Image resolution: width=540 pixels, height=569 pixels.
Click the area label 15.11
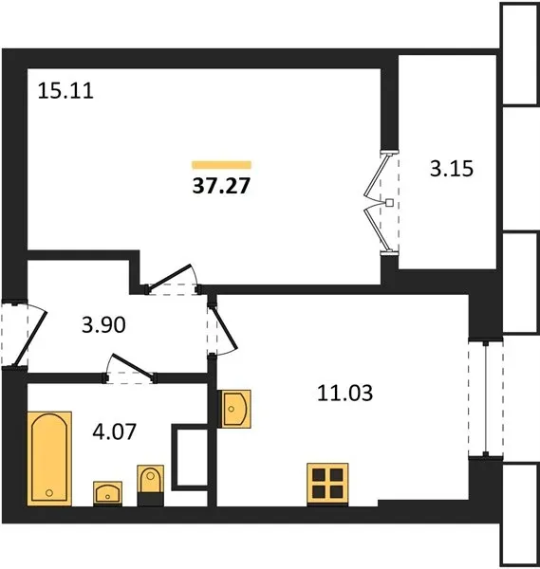pos(65,91)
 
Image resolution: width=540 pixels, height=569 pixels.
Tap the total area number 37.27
pos(221,186)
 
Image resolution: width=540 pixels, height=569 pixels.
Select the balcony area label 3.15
pos(452,169)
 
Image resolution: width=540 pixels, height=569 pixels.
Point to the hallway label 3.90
pos(103,324)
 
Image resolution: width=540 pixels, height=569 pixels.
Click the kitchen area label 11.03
pos(345,393)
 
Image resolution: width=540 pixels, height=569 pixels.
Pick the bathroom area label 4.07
pos(115,431)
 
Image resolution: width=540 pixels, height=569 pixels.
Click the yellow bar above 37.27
pos(221,165)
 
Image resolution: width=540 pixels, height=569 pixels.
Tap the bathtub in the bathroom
pos(49,458)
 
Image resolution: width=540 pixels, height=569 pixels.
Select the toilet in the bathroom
pos(150,486)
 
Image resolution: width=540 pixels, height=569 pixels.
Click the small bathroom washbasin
pos(107,493)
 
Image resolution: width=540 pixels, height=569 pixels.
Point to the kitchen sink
pos(235,409)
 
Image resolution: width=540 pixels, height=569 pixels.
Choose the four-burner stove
pos(327,484)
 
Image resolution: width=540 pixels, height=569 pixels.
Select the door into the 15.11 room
pos(172,278)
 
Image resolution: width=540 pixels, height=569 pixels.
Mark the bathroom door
pos(132,367)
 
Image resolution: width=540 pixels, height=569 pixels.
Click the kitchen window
pos(486,398)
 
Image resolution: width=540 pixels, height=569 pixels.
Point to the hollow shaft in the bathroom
pos(190,457)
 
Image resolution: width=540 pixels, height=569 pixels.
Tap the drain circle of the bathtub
pos(49,493)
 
